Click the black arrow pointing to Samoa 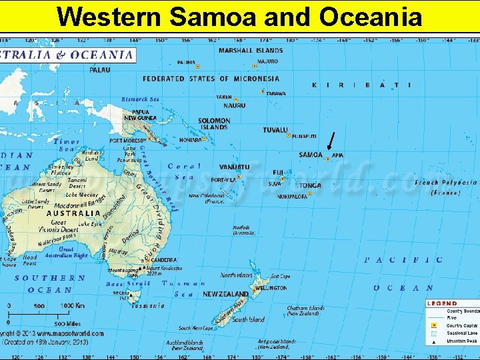click(x=331, y=142)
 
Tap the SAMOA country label click(x=311, y=155)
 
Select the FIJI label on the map click(x=278, y=172)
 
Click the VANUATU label click(x=234, y=167)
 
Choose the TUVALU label click(x=275, y=130)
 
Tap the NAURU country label click(x=234, y=105)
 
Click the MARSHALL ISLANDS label click(x=251, y=50)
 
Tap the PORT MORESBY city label click(x=125, y=141)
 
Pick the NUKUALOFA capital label click(x=292, y=197)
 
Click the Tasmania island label click(x=148, y=306)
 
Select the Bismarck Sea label click(x=140, y=99)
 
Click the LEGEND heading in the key click(x=442, y=303)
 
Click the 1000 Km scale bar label click(x=74, y=305)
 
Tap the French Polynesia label click(x=445, y=182)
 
